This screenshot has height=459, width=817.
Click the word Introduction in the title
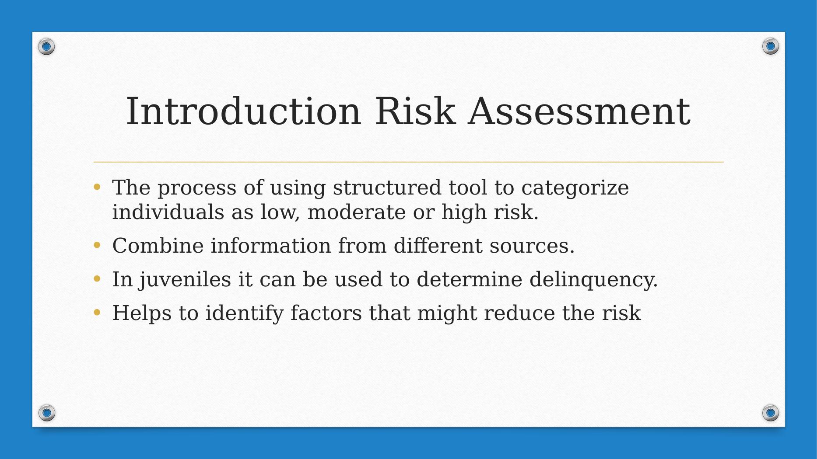click(243, 111)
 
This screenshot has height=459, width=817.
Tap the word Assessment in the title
click(579, 111)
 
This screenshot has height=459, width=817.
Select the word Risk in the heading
click(415, 111)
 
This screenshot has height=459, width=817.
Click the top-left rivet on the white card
click(46, 46)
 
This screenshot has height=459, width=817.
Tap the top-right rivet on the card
click(770, 46)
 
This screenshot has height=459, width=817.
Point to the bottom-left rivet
click(46, 412)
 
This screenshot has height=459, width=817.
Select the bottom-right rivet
click(770, 412)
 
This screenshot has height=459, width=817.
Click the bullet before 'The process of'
click(97, 188)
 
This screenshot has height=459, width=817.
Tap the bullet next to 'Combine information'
click(97, 245)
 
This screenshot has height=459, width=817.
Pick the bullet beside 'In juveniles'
click(97, 279)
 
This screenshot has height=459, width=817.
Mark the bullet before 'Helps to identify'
click(97, 313)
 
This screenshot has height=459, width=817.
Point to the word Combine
click(158, 246)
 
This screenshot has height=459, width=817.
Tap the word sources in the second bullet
click(531, 246)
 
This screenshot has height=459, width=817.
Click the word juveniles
click(185, 280)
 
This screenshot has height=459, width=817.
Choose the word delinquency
click(593, 280)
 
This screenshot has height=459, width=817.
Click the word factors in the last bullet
click(326, 313)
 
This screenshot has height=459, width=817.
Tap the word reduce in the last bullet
click(519, 313)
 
